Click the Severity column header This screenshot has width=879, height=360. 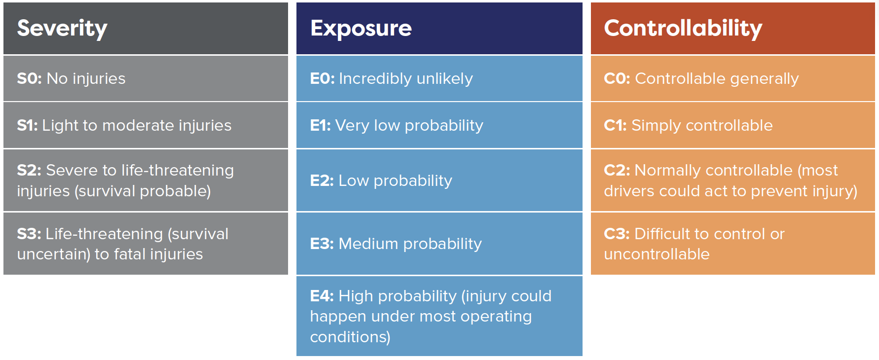click(x=62, y=28)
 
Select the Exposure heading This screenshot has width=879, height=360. click(x=361, y=28)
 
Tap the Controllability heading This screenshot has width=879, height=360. click(x=683, y=28)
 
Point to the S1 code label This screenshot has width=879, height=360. click(x=27, y=125)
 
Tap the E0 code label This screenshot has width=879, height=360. click(x=322, y=79)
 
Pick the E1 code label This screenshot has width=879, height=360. click(x=320, y=125)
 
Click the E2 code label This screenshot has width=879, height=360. click(x=322, y=180)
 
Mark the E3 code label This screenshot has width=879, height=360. click(x=322, y=244)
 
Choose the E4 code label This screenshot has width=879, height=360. click(x=322, y=296)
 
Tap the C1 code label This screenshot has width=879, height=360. click(x=615, y=125)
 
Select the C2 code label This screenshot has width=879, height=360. click(x=617, y=170)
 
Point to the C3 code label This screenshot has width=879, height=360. click(x=617, y=234)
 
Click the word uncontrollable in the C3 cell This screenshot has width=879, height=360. click(x=657, y=254)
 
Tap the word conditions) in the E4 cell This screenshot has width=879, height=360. click(x=350, y=337)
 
